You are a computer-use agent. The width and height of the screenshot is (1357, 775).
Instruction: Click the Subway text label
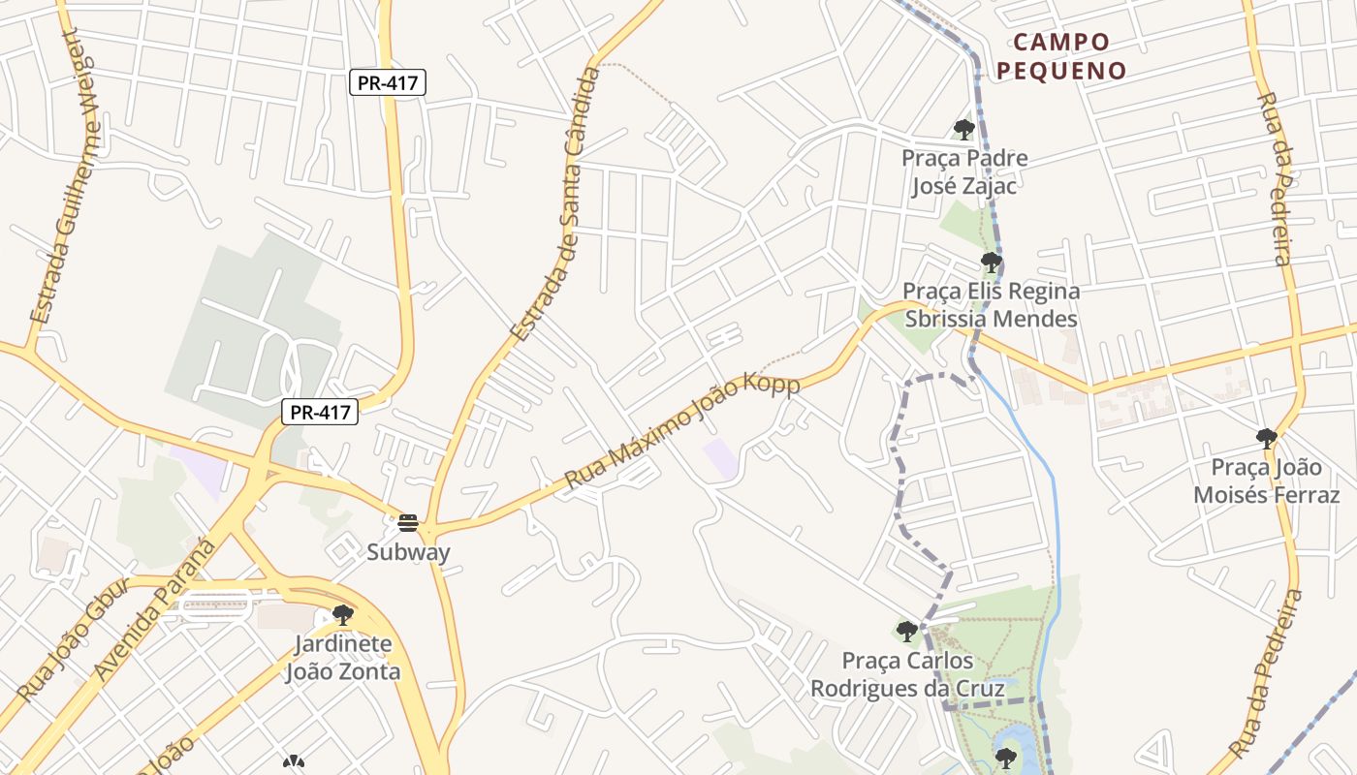(x=408, y=552)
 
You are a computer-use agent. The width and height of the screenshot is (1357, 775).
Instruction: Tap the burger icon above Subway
(x=408, y=524)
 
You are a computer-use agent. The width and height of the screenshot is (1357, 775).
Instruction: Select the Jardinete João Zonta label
(x=342, y=658)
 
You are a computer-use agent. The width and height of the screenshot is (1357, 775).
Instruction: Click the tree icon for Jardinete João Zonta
(x=342, y=615)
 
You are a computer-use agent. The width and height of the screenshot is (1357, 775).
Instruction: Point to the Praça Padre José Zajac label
(x=964, y=171)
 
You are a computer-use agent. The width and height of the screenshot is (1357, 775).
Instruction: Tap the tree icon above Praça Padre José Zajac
(x=963, y=129)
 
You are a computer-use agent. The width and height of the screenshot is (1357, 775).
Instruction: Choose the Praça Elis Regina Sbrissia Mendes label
(x=991, y=305)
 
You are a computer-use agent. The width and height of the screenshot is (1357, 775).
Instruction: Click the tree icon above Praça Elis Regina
(x=991, y=263)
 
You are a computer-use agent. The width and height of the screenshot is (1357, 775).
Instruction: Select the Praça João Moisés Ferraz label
(x=1266, y=481)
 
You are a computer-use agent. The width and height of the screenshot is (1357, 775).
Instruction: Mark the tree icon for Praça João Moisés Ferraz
(x=1266, y=439)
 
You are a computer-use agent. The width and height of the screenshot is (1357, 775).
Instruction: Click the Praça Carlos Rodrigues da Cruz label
(x=906, y=674)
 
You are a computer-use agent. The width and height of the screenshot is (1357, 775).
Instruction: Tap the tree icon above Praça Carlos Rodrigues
(x=906, y=632)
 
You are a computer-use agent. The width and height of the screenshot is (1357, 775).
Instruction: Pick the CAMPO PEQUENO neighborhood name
(x=1061, y=56)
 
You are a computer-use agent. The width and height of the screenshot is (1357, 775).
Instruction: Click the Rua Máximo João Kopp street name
(x=682, y=433)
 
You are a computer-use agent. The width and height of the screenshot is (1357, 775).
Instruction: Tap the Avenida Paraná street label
(x=155, y=610)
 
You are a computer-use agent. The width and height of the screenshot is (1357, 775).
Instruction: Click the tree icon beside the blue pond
(x=1005, y=758)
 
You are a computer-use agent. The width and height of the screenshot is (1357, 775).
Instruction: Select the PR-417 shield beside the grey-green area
(x=321, y=413)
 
